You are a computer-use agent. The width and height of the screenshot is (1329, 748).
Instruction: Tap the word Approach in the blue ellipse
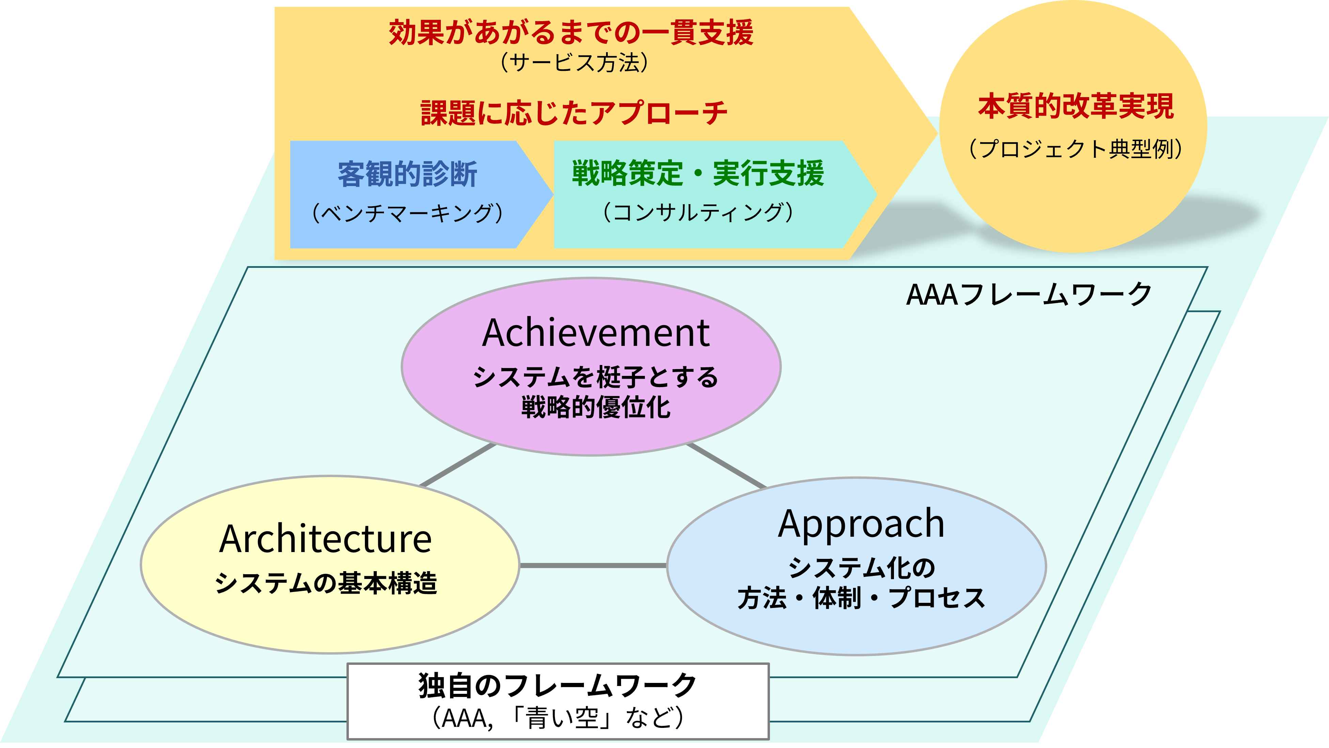click(861, 524)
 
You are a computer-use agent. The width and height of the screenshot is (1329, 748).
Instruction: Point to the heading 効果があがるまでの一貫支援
click(571, 32)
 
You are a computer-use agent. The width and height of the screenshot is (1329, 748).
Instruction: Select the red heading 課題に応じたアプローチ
click(574, 112)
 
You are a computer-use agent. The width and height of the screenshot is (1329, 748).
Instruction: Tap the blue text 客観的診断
click(407, 174)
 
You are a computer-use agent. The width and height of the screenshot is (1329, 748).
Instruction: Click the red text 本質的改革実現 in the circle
click(1076, 106)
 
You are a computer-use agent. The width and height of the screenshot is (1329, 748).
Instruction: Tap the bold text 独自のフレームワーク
click(558, 686)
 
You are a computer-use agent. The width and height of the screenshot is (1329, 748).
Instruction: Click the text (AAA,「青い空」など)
click(558, 718)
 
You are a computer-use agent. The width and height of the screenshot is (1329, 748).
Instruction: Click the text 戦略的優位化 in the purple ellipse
click(596, 407)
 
